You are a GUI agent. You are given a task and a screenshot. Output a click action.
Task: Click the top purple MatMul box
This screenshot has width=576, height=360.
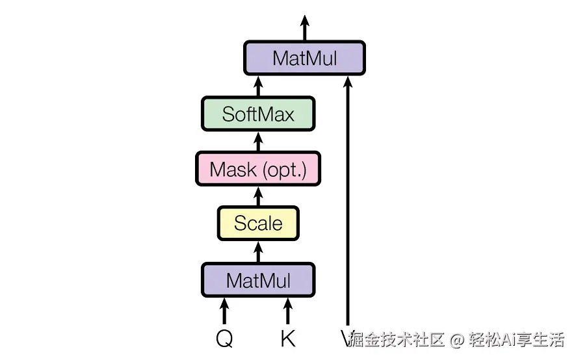pos(304,58)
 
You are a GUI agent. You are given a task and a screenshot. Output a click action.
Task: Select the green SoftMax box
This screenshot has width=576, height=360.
pos(258,114)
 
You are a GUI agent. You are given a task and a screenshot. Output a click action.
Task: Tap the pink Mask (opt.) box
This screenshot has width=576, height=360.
pos(258,168)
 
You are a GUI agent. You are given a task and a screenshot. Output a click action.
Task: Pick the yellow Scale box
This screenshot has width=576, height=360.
pos(258,224)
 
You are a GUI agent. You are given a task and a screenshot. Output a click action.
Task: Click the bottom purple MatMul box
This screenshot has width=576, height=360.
pos(258,280)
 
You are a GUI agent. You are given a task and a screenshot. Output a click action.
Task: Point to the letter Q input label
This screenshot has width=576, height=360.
pos(224,339)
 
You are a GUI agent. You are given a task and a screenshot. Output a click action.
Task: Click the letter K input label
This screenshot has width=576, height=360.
pos(287,339)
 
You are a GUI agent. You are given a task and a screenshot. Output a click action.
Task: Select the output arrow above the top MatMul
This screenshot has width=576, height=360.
pos(304,28)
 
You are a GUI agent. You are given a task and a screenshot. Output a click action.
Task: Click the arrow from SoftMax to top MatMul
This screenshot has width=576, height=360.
pos(258,86)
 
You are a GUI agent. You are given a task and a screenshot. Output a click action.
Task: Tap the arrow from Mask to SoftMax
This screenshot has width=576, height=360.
pos(258,142)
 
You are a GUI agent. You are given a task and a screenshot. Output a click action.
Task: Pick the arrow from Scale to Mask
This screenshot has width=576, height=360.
pos(258,196)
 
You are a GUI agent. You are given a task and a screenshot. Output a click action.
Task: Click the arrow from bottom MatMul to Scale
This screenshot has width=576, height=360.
pos(258,252)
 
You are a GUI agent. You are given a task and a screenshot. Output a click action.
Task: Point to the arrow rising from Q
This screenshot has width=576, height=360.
pos(224,311)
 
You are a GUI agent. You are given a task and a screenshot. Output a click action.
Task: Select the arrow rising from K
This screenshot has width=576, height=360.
pos(288,311)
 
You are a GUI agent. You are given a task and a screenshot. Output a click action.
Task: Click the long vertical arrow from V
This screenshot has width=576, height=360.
pos(348,201)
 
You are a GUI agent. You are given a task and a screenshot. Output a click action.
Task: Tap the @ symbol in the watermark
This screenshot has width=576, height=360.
pos(457,339)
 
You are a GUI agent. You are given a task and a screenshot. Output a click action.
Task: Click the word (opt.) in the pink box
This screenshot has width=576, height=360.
pos(285,170)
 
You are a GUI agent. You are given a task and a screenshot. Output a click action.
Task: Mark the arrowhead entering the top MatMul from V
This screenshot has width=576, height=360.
pos(348,82)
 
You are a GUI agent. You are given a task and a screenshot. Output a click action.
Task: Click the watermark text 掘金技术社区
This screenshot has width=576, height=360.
pos(397,339)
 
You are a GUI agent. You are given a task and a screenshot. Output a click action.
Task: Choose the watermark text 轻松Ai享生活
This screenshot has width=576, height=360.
pos(516,339)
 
